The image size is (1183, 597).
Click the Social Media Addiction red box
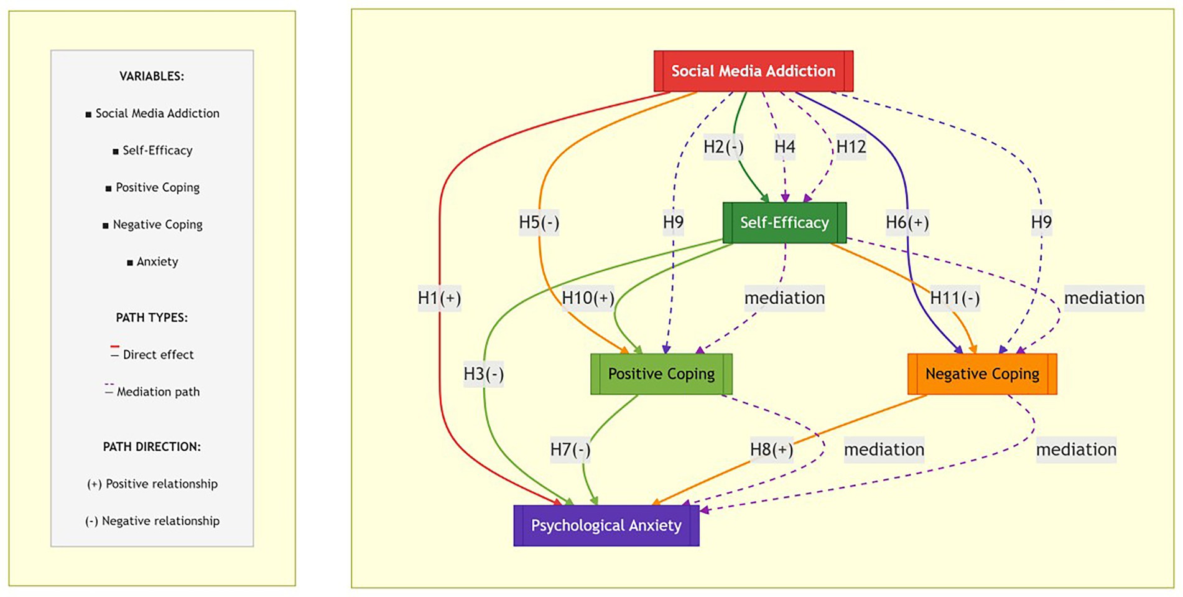[753, 71]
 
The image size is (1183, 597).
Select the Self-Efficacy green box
[784, 222]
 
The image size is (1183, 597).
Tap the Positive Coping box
[661, 374]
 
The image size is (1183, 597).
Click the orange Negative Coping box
[982, 374]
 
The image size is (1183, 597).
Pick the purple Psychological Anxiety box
[606, 525]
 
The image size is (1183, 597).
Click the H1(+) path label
[439, 298]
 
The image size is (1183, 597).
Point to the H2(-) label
[723, 147]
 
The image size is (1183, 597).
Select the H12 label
[851, 147]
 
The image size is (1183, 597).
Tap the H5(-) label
[539, 222]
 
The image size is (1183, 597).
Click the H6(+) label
[907, 222]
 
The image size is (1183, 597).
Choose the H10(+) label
[588, 298]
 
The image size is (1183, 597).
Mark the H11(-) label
[955, 298]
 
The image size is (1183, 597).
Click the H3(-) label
[483, 374]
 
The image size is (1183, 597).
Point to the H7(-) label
[570, 449]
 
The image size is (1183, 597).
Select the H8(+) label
[771, 449]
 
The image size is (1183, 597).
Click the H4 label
[784, 147]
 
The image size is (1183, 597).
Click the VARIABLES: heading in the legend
[152, 77]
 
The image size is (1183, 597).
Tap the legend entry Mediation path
[158, 392]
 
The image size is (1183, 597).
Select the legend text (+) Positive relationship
[152, 484]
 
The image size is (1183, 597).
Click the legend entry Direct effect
[158, 355]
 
